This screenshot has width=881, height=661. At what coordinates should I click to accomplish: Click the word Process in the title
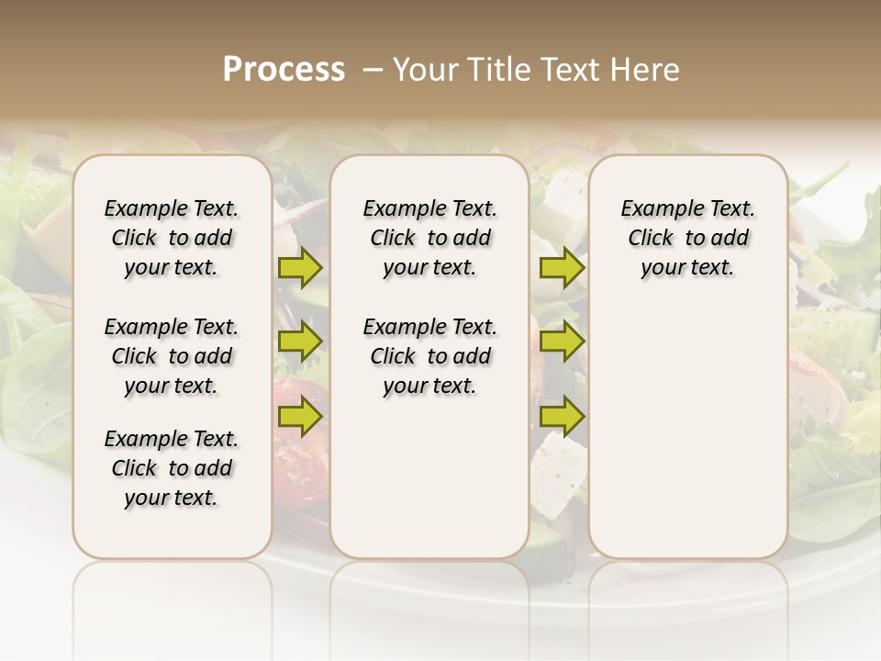tap(284, 70)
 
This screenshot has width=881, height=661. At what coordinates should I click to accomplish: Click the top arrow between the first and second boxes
tap(300, 268)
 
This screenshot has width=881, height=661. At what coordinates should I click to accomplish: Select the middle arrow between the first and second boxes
tap(300, 342)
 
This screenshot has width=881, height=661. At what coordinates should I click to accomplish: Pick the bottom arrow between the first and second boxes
tap(300, 418)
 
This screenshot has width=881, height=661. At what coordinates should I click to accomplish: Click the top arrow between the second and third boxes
tap(562, 268)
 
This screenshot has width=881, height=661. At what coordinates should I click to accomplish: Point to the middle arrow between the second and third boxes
tap(562, 342)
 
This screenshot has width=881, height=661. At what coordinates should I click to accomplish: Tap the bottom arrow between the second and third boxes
tap(562, 418)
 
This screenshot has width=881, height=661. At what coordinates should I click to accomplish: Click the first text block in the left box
tap(172, 239)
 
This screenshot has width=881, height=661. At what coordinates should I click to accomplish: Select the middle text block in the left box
tap(172, 356)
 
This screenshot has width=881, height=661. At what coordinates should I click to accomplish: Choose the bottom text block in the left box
tap(172, 468)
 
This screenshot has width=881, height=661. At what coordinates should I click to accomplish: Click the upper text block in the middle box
tap(429, 239)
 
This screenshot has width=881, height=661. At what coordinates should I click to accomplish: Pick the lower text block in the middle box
tap(429, 356)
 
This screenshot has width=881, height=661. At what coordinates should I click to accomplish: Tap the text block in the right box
tap(687, 239)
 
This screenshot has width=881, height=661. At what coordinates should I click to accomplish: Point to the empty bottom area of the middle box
tap(429, 487)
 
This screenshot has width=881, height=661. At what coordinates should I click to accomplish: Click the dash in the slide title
tap(373, 70)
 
